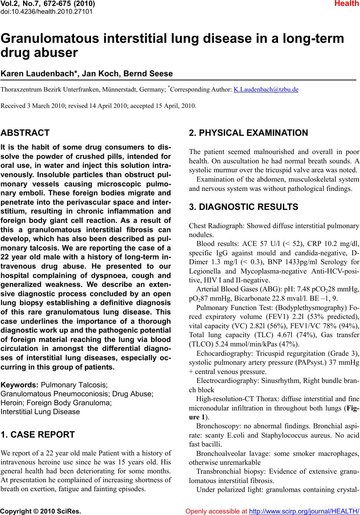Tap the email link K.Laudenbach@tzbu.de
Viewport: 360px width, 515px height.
click(266, 90)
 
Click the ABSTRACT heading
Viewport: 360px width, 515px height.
click(25, 133)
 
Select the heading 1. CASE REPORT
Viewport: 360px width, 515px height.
click(38, 435)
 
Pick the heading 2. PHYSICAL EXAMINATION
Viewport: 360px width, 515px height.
click(248, 133)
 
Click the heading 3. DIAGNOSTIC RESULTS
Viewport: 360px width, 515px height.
click(243, 207)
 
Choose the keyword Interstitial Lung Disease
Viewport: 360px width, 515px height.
click(41, 412)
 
